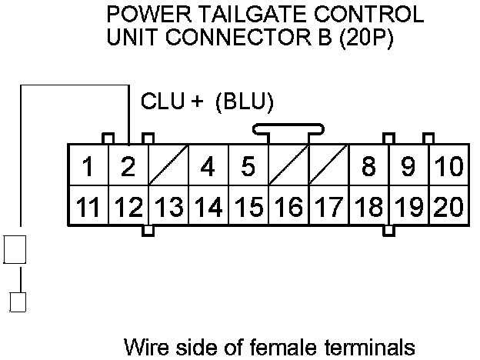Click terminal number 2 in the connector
128,166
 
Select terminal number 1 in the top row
88,166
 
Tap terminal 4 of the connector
208,166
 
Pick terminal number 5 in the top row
248,166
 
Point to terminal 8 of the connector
368,166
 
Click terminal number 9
408,166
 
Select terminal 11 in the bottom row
88,206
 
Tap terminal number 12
128,206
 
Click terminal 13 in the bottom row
168,206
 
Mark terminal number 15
248,206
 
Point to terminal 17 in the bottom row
328,206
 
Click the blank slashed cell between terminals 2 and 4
168,166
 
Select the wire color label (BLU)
245,102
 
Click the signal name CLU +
172,102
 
